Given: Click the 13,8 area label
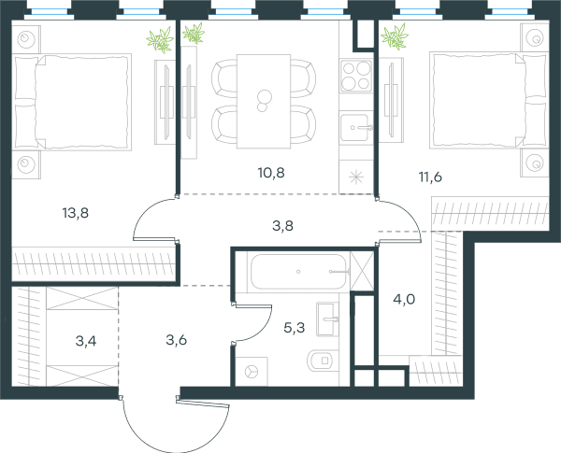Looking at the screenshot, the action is (76, 213).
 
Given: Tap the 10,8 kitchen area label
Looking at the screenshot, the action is (271, 173).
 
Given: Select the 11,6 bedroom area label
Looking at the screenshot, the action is (430, 177).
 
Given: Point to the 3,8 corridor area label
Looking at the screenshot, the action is (283, 226).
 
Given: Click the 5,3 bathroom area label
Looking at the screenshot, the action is (295, 328).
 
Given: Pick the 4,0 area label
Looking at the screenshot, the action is (404, 299).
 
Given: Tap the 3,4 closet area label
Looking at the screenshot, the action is (86, 341).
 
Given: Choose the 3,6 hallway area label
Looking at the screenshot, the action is (177, 340).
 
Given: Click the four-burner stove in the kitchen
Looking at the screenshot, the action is (356, 76).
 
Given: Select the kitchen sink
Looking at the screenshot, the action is (356, 128).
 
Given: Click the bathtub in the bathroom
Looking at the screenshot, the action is (299, 272).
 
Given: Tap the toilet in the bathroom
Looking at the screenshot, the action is (323, 361).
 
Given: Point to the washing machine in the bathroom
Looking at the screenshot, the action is (252, 372).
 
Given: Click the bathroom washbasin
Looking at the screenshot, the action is (327, 319).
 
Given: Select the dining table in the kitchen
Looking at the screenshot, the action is (264, 101).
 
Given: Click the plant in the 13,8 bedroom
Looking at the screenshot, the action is (160, 39).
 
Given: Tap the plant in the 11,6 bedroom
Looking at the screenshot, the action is (395, 36).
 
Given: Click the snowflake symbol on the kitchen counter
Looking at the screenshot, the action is (356, 177).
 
